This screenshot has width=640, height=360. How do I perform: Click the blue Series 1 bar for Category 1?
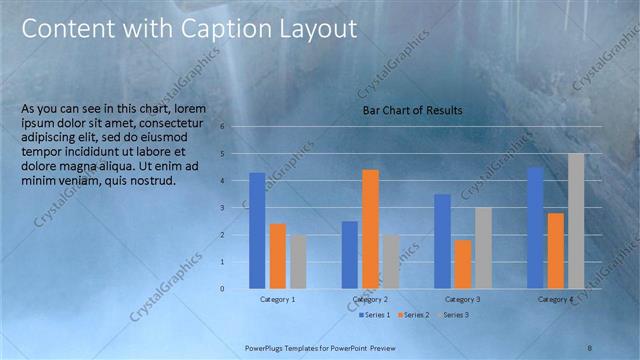tap(257, 230)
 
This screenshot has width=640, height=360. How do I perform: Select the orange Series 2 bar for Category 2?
tap(370, 229)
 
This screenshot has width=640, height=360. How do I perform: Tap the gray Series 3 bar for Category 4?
tap(576, 221)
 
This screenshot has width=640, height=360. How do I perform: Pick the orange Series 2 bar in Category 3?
tap(463, 264)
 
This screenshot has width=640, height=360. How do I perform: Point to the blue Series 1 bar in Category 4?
tap(535, 228)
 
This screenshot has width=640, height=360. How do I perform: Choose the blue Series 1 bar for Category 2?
tap(350, 255)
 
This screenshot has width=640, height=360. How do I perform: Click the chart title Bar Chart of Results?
tap(412, 110)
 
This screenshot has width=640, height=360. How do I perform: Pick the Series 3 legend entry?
tap(451, 315)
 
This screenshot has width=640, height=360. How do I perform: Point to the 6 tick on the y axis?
tap(236, 127)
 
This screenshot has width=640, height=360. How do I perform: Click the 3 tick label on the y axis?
tap(236, 208)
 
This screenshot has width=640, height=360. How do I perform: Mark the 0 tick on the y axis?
tap(236, 289)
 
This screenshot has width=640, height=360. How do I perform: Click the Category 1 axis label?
tap(277, 299)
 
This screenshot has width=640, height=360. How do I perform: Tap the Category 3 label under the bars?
tap(463, 299)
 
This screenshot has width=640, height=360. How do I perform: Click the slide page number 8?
tap(591, 346)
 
